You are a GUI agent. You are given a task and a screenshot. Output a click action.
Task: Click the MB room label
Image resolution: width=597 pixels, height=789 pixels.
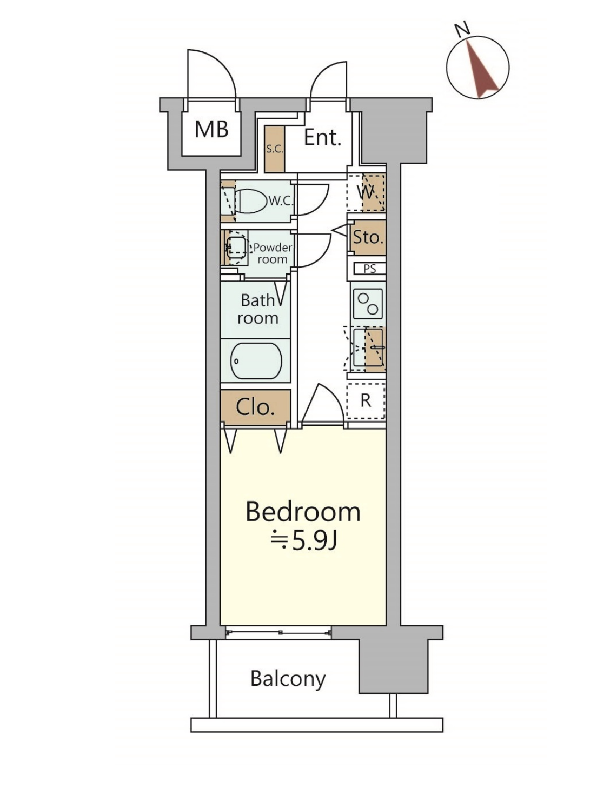click(211, 130)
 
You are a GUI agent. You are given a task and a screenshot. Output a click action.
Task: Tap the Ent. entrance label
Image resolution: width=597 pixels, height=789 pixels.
click(322, 138)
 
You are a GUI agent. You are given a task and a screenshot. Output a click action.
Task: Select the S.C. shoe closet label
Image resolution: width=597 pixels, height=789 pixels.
click(274, 149)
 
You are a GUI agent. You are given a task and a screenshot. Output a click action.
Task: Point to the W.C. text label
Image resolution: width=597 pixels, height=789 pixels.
click(281, 201)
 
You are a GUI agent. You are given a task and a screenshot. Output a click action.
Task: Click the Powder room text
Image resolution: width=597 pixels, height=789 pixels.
click(273, 253)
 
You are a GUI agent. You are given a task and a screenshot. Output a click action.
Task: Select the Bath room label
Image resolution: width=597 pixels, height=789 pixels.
click(258, 309)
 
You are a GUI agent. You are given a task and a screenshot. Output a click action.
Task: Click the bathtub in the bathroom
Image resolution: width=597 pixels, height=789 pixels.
click(256, 361)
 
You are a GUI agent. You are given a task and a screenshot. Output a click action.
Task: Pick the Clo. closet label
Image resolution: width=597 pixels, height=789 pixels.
click(255, 407)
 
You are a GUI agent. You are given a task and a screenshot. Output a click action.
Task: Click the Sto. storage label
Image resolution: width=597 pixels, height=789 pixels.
click(368, 237)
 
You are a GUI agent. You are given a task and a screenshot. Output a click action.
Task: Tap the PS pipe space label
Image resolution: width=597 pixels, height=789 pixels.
click(370, 269)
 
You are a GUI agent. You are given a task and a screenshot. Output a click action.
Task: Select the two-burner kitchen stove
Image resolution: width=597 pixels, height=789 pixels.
click(368, 304)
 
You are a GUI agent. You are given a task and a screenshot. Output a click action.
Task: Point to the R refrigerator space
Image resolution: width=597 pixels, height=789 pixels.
click(366, 401)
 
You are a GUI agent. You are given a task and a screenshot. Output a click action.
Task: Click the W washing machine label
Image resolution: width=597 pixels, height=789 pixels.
click(366, 192)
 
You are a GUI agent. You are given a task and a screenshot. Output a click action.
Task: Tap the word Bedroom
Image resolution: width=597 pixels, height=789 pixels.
click(303, 512)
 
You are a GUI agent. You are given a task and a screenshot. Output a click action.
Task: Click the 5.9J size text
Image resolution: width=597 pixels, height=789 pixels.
click(314, 540)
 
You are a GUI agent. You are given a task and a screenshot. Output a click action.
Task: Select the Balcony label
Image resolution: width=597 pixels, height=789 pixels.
click(288, 678)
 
